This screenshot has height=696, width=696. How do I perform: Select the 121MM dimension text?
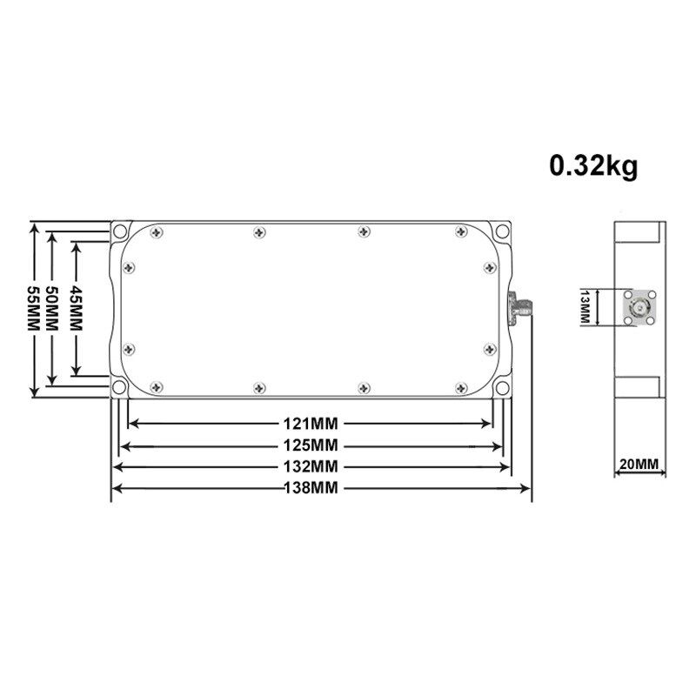[x=311, y=424]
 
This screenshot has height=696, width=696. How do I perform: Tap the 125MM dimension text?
[x=311, y=445]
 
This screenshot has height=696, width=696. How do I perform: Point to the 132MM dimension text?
[x=311, y=466]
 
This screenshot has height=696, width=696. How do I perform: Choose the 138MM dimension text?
[x=311, y=488]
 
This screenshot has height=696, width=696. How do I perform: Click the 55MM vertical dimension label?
[x=34, y=308]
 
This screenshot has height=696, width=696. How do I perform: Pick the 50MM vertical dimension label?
[x=52, y=308]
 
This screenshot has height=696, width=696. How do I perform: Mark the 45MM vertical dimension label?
[x=77, y=308]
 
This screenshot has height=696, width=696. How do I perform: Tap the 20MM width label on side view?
[x=639, y=465]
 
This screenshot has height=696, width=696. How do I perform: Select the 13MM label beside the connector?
[x=585, y=307]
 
